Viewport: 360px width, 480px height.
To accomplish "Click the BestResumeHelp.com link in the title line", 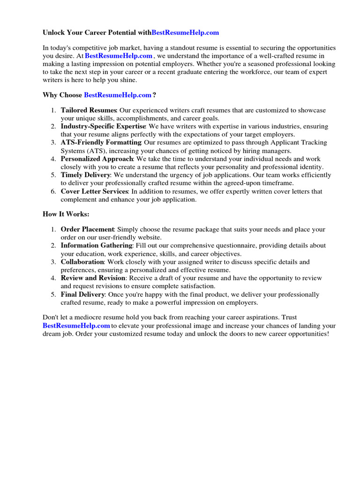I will pyautogui.click(x=185, y=33).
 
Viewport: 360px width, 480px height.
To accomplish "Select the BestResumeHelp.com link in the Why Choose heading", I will pyautogui.click(x=118, y=95).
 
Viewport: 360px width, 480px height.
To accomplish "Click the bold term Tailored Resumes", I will pyautogui.click(x=88, y=110).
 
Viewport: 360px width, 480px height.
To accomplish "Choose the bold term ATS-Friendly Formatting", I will pyautogui.click(x=101, y=142).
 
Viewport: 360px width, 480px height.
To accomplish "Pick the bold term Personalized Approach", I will pyautogui.click(x=97, y=159).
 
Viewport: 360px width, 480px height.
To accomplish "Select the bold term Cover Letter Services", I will pyautogui.click(x=94, y=191).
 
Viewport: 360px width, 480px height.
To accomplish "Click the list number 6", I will pyautogui.click(x=53, y=191).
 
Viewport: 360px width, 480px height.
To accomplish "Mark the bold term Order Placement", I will pyautogui.click(x=87, y=229).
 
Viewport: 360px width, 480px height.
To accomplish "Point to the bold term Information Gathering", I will pyautogui.click(x=97, y=246).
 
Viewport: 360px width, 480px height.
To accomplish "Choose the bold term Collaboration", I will pyautogui.click(x=82, y=262).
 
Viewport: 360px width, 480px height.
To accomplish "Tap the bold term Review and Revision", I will pyautogui.click(x=93, y=278).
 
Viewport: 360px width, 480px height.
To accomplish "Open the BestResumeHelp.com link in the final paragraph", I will pyautogui.click(x=76, y=326).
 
